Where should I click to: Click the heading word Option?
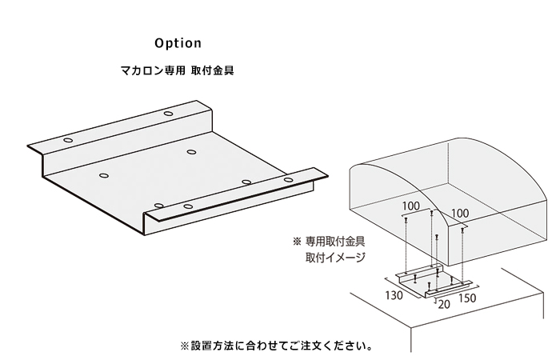tap(179, 42)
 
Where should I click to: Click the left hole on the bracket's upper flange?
tap(66, 140)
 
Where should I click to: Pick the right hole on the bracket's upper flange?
tap(169, 114)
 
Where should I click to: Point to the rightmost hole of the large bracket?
tap(288, 179)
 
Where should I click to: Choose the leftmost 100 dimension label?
tap(411, 206)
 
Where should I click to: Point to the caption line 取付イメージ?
tap(335, 258)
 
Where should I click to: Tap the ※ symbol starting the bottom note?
tap(186, 346)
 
